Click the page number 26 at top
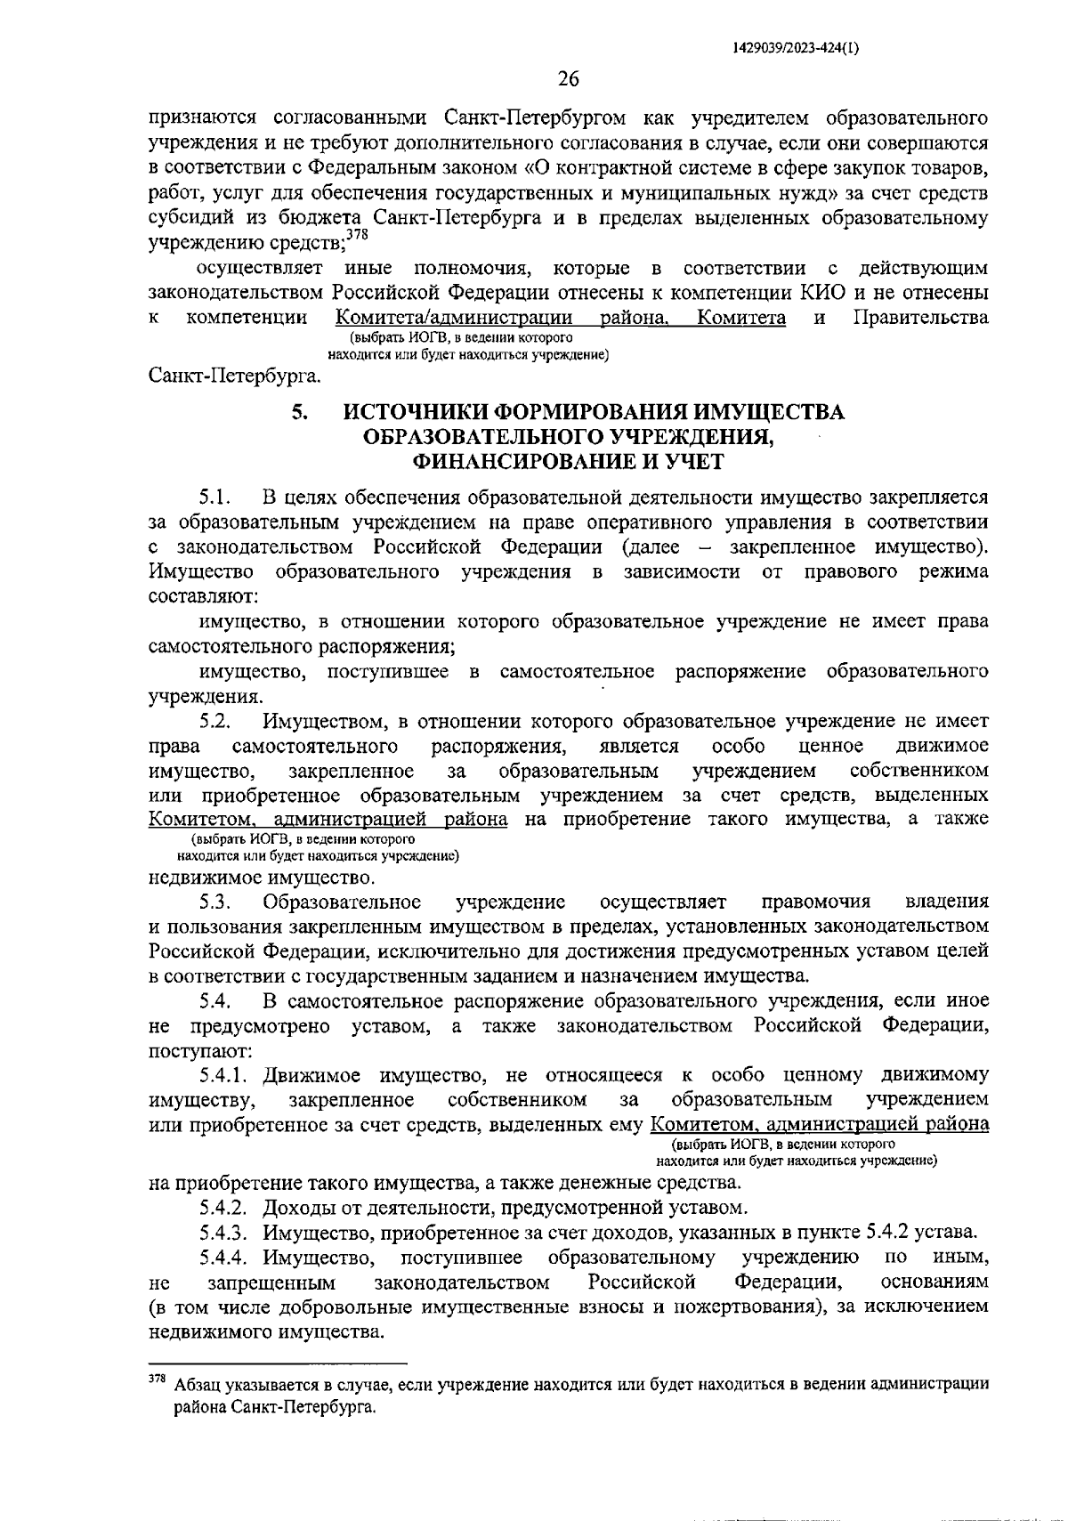(x=568, y=80)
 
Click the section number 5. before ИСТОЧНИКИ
(x=299, y=413)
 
